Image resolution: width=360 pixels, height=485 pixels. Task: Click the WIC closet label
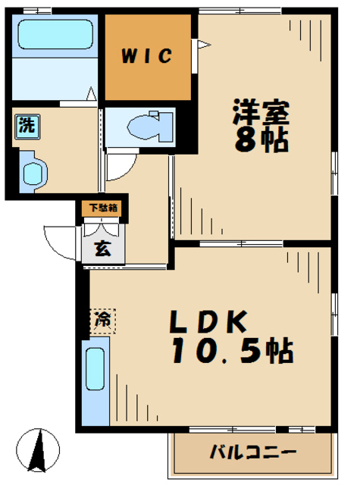(147, 56)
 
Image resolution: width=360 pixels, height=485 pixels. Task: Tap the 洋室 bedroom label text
(261, 111)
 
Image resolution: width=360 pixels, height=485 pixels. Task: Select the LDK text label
(208, 321)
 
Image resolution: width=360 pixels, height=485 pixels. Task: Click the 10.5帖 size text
(232, 351)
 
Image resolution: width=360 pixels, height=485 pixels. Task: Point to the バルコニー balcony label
(252, 452)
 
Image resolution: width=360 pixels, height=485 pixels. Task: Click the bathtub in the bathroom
(55, 34)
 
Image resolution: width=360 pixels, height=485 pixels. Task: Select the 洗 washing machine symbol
(27, 127)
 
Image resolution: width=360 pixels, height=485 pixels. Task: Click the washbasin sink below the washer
(33, 171)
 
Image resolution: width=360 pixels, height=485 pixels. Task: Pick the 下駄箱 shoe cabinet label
(103, 208)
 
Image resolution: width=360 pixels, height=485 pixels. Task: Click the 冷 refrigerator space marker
(102, 321)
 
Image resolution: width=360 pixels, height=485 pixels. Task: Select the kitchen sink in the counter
(95, 369)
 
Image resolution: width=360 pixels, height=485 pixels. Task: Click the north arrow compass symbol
(38, 449)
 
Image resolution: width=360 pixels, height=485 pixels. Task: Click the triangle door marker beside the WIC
(204, 44)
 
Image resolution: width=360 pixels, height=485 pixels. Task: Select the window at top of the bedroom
(240, 11)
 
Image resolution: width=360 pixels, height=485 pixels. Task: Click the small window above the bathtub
(37, 11)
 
